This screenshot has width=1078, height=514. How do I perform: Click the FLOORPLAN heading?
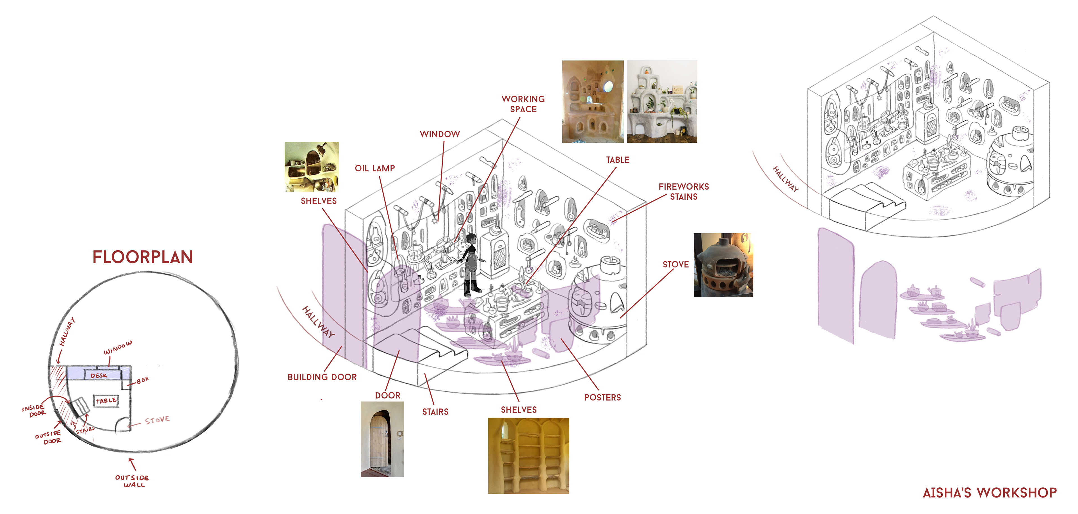[x=142, y=257]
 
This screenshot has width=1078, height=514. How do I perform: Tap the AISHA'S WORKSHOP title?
[x=989, y=493]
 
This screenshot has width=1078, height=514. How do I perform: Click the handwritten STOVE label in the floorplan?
[x=157, y=420]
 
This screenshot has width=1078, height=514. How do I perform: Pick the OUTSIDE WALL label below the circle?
[x=132, y=481]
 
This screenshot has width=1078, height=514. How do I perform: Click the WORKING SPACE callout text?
[x=523, y=104]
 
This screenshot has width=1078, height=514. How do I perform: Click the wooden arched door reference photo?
[x=382, y=439]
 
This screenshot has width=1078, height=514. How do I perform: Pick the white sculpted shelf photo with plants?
[x=662, y=101]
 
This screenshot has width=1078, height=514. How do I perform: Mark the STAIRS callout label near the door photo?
[x=435, y=412]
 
